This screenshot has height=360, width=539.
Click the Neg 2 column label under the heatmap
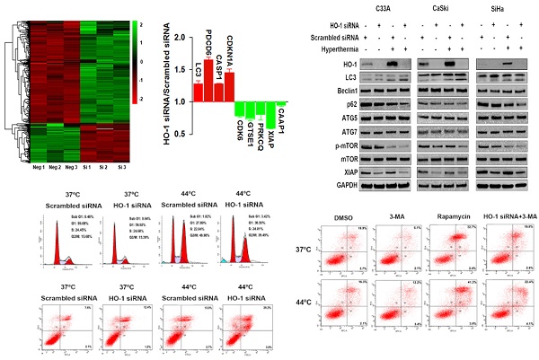[56, 167]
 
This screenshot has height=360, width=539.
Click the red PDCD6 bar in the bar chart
[208, 80]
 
